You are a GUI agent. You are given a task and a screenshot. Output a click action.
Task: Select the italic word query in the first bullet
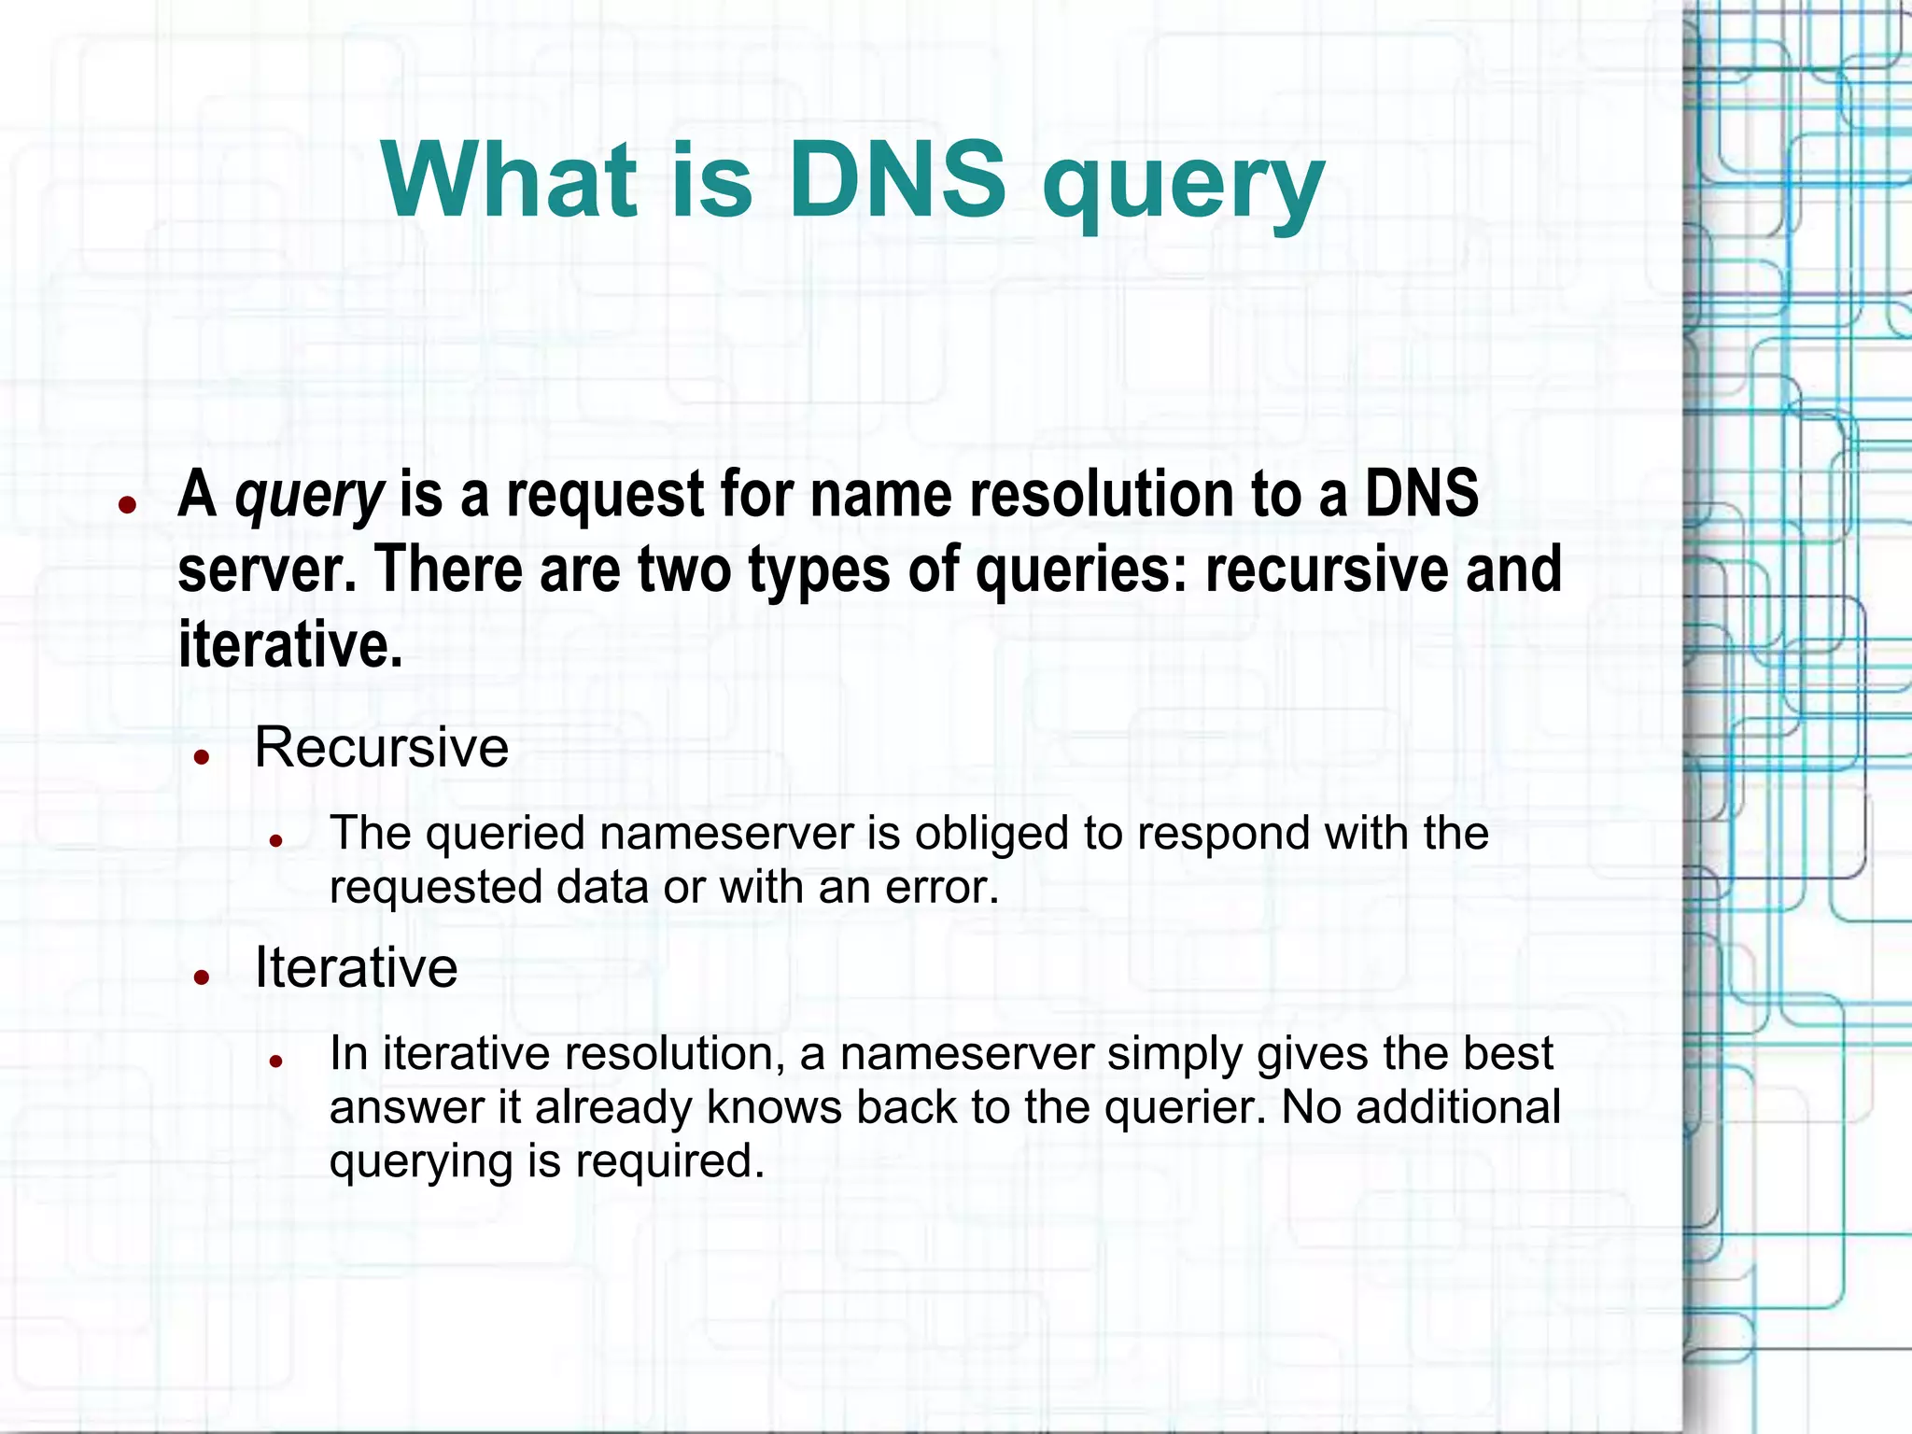point(309,495)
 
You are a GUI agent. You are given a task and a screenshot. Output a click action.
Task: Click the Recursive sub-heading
point(381,747)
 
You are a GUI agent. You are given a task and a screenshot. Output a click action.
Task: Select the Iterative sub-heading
point(356,967)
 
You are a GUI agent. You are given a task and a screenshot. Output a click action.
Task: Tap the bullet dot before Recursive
point(201,756)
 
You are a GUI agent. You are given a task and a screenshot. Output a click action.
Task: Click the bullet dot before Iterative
point(201,977)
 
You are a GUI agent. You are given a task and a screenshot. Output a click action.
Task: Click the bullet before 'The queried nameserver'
point(275,840)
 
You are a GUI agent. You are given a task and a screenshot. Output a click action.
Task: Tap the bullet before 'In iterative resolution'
point(275,1061)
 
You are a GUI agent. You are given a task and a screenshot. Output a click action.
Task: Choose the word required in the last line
point(669,1161)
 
